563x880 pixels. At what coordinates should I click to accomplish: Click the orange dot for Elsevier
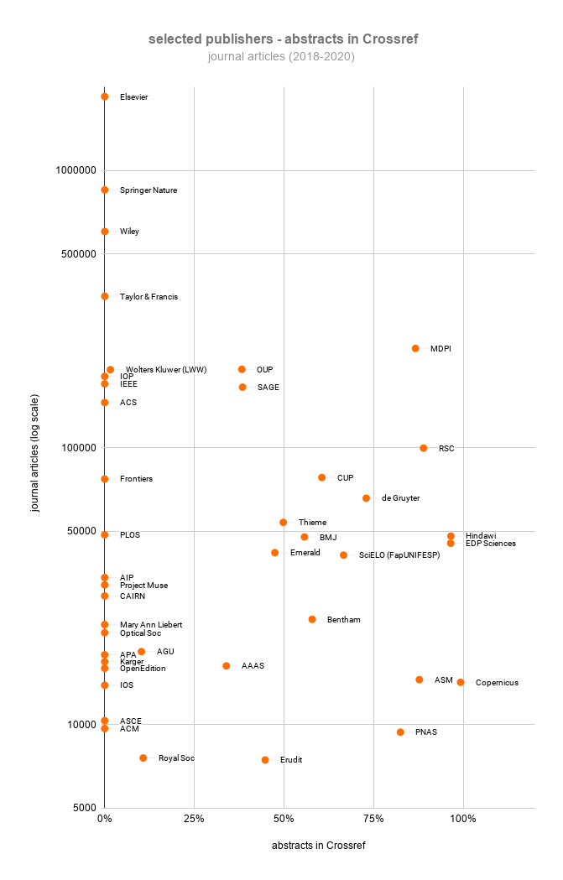tap(104, 96)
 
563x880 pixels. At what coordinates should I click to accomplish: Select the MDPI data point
tap(415, 348)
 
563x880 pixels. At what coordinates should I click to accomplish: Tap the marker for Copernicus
tap(461, 682)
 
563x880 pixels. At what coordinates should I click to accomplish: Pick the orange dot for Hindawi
tap(451, 536)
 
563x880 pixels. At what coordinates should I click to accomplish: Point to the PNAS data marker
tap(400, 732)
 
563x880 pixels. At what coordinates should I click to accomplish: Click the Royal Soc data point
tap(143, 758)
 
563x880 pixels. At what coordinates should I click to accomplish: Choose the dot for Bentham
tap(312, 619)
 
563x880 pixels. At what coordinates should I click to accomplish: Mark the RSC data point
tap(424, 448)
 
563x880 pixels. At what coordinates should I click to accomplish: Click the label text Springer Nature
tap(149, 190)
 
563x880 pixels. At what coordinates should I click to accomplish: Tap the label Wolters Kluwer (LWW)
tap(166, 370)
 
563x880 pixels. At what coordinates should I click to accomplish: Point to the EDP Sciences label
tap(491, 544)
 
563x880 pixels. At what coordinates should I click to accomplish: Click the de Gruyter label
tap(400, 498)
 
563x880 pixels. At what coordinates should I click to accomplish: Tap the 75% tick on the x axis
tap(373, 819)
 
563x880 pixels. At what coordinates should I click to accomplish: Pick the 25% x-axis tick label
tap(194, 819)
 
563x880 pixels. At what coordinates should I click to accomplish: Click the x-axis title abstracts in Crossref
tap(318, 846)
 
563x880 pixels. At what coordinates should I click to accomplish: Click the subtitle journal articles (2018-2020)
tap(282, 57)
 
